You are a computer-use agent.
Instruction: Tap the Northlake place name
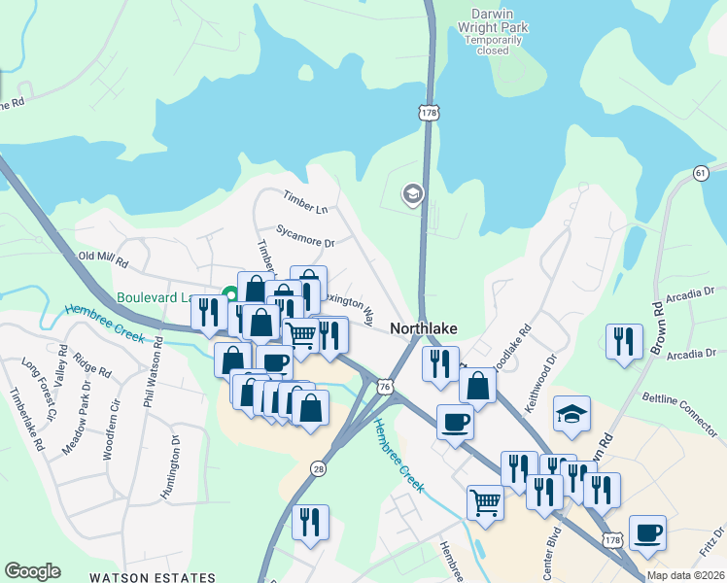pos(425,328)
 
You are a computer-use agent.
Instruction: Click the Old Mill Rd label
pos(103,260)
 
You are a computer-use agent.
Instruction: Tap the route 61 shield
pos(700,172)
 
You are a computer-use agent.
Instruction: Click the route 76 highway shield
pos(386,387)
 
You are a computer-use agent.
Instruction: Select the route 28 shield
pos(318,469)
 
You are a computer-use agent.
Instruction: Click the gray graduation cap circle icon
pos(413,195)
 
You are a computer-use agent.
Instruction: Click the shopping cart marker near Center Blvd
pos(485,502)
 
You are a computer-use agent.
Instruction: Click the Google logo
pos(32,571)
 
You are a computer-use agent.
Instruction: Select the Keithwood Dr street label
pos(541,383)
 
